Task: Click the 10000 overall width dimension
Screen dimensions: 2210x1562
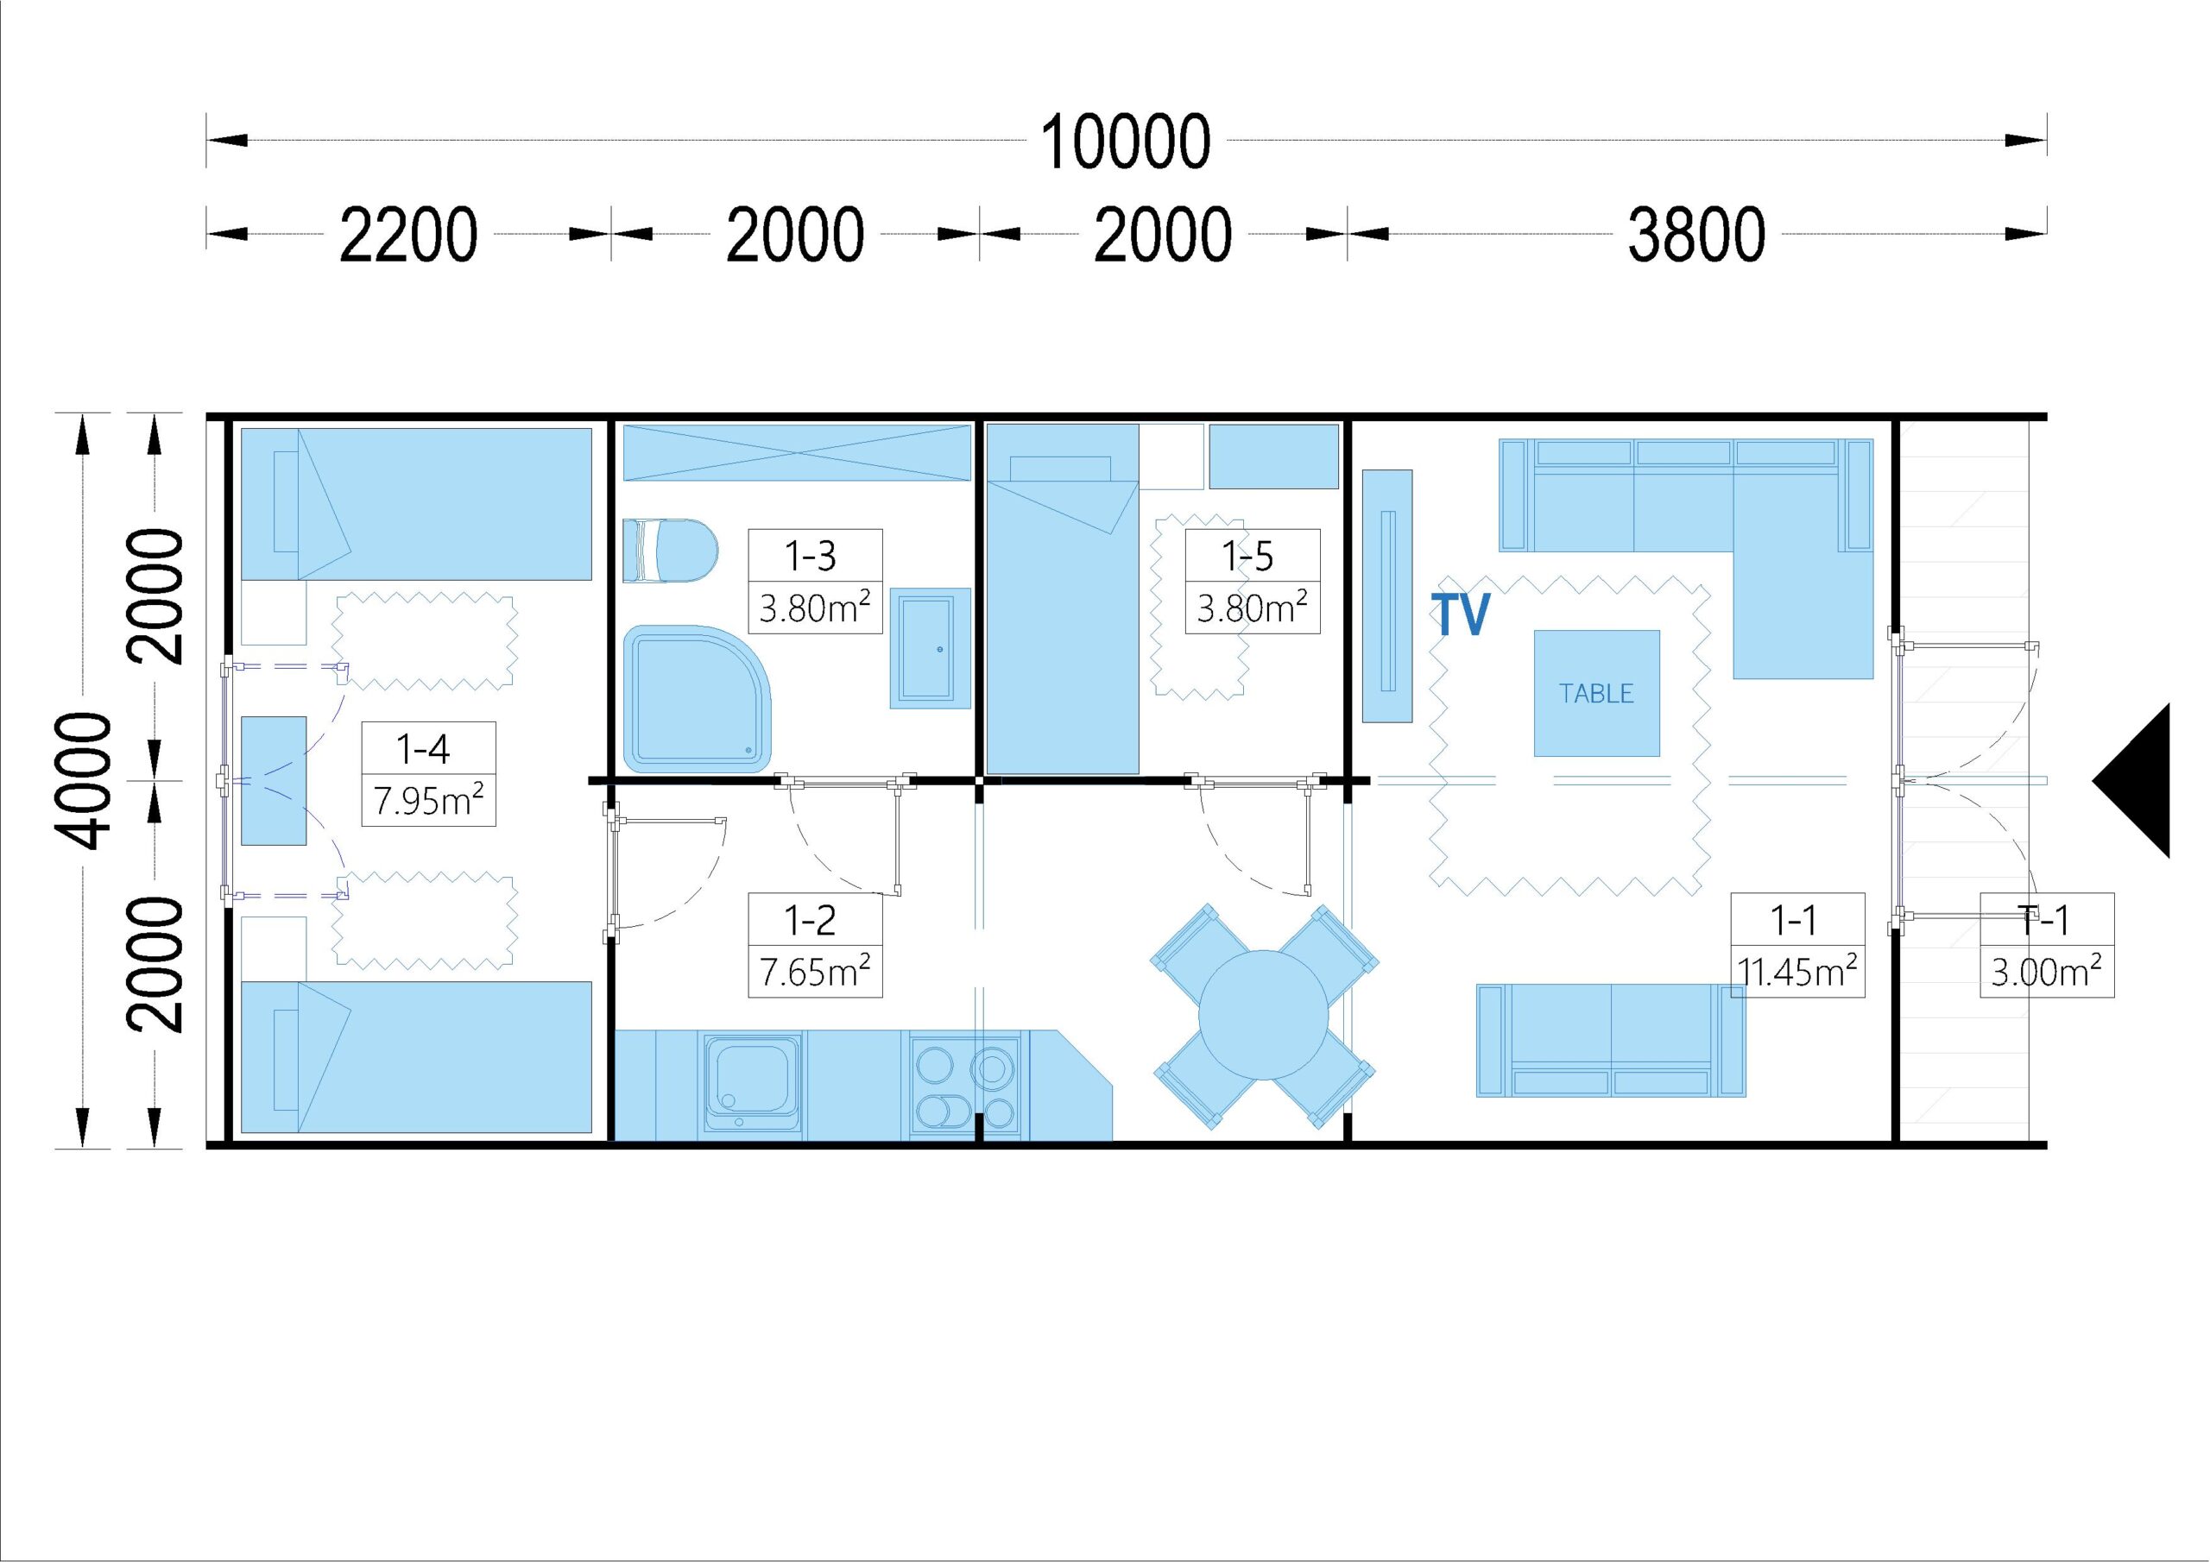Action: pyautogui.click(x=1125, y=142)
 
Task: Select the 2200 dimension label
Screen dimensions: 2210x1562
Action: pyautogui.click(x=408, y=235)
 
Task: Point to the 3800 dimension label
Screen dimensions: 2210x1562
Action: pyautogui.click(x=1696, y=235)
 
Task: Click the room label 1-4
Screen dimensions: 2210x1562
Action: pyautogui.click(x=424, y=748)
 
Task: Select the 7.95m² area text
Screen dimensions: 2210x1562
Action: pyautogui.click(x=428, y=800)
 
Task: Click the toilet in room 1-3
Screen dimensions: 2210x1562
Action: pyautogui.click(x=670, y=551)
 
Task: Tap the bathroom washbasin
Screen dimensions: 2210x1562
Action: pyautogui.click(x=930, y=649)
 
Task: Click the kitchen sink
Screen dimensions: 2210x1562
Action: pyautogui.click(x=752, y=1083)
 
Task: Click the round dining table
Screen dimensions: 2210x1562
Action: pyautogui.click(x=1263, y=1016)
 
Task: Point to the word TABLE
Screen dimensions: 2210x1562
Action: pyautogui.click(x=1596, y=694)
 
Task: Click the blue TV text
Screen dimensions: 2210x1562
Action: pyautogui.click(x=1460, y=614)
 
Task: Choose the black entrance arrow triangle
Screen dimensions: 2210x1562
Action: pyautogui.click(x=2131, y=780)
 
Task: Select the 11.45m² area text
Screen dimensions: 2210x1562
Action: pyautogui.click(x=1797, y=972)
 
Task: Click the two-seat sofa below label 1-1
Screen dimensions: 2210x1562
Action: pyautogui.click(x=1611, y=1041)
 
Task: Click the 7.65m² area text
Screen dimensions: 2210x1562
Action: pyautogui.click(x=814, y=972)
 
